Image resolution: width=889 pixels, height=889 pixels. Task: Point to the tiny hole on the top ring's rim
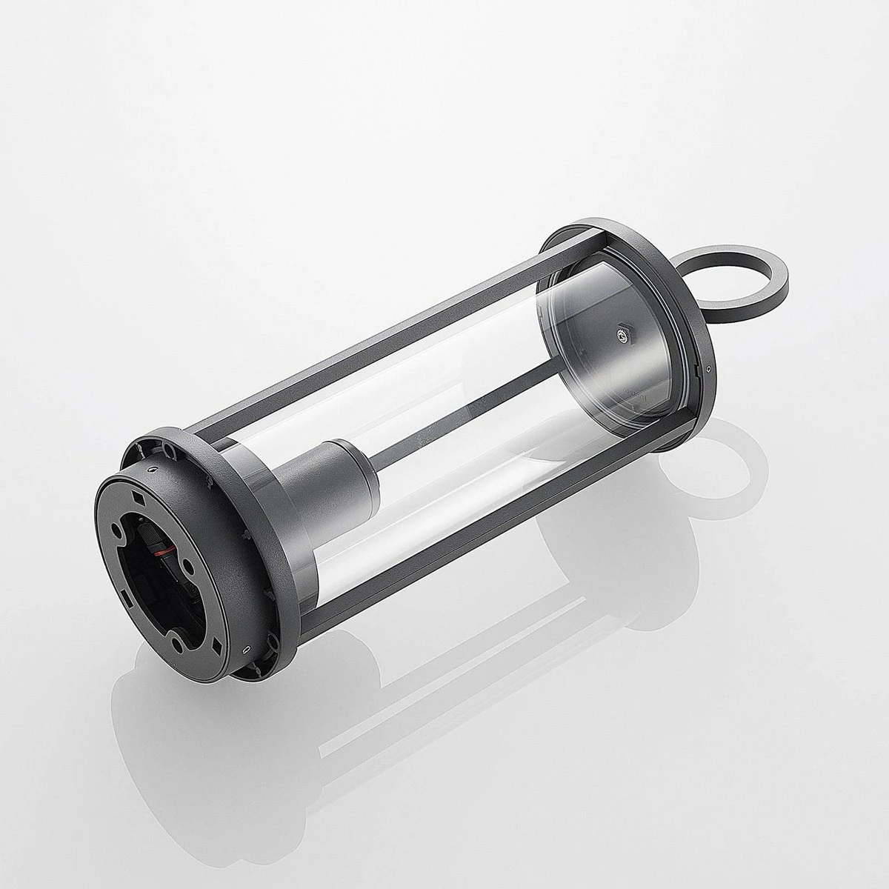coord(709,369)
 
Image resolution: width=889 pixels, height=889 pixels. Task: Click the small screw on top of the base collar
coord(152,469)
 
